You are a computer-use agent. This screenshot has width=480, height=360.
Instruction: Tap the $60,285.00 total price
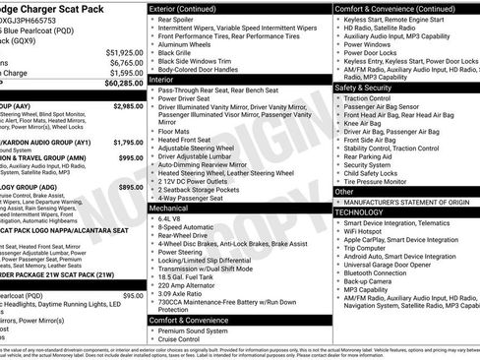[122, 84]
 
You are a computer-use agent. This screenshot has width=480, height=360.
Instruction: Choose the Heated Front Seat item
[185, 139]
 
